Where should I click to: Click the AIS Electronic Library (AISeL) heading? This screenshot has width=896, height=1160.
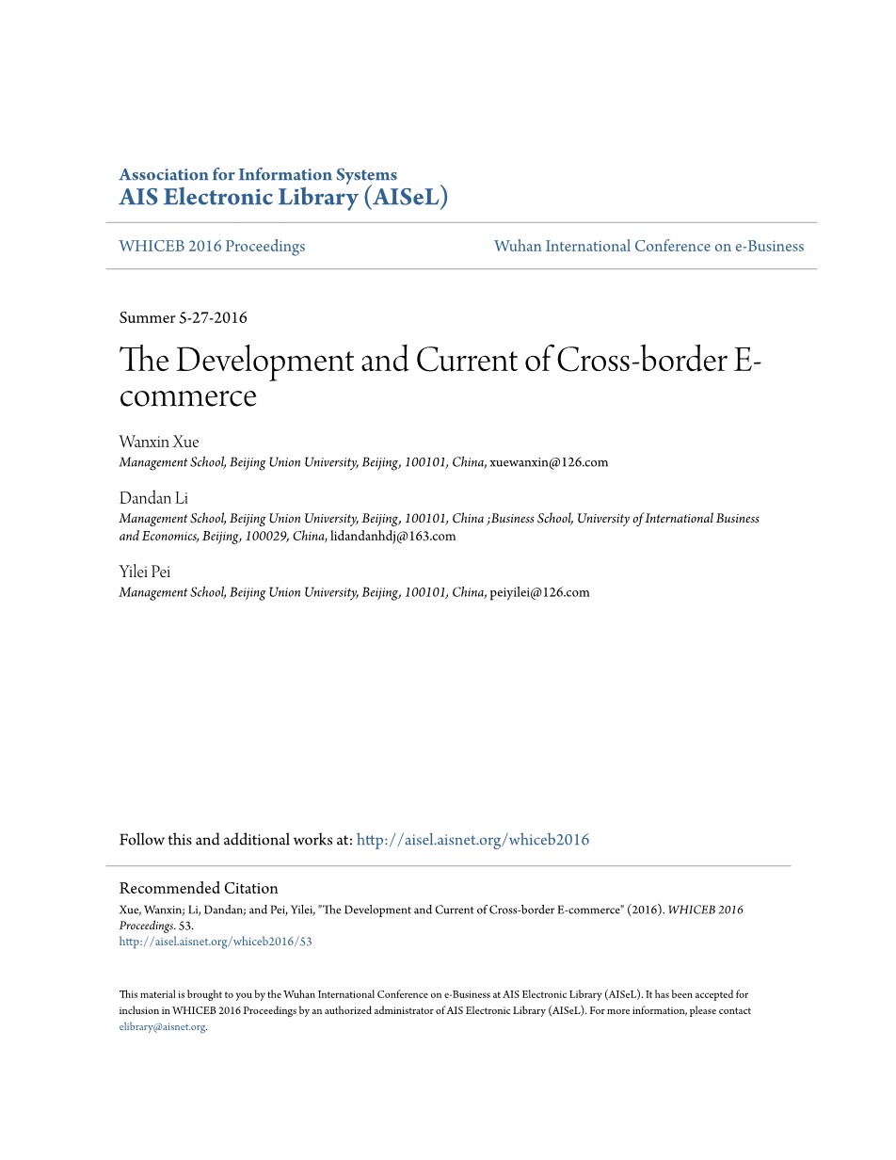point(283,197)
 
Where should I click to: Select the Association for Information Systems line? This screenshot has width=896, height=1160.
point(258,174)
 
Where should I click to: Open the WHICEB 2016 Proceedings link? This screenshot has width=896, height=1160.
point(212,246)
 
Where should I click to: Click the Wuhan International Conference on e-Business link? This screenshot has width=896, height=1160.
point(648,246)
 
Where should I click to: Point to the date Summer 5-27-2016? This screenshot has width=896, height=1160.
point(184,317)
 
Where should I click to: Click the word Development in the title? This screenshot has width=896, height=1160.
point(277,361)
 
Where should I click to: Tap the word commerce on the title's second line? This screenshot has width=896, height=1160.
point(188,395)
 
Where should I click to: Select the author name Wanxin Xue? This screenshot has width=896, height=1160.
point(159,442)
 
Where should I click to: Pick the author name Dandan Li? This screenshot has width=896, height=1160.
point(153,498)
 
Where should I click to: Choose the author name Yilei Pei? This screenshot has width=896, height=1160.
point(145,572)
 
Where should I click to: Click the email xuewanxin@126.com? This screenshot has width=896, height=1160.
point(549,462)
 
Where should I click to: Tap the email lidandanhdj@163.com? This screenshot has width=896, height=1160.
point(392,536)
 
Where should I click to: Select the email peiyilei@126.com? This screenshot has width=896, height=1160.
point(539,592)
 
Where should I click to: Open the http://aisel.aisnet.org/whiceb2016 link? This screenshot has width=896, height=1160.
point(472,840)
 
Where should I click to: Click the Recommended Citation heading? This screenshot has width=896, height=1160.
point(199,888)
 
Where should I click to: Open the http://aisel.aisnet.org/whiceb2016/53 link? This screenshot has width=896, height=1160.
point(216,942)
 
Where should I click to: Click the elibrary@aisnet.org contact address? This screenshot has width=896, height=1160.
point(162,1027)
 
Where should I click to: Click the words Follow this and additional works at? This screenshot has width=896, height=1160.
point(235,840)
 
